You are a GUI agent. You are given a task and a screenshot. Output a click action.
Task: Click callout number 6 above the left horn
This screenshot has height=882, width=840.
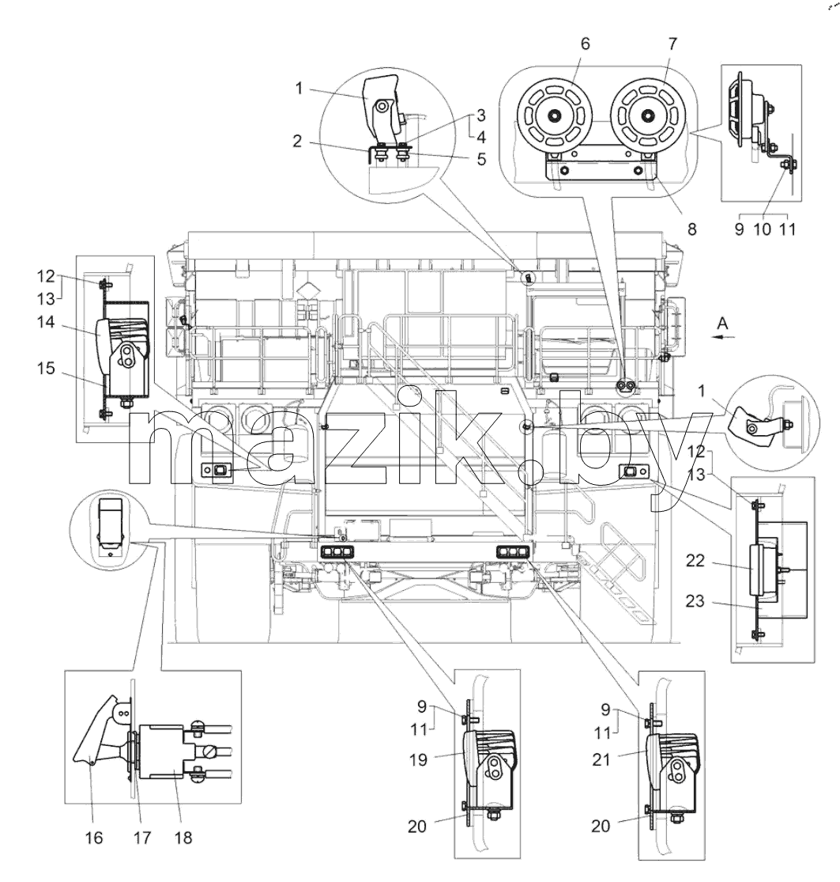coord(586,44)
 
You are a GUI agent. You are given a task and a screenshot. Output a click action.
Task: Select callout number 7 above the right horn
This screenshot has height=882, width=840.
coord(672,44)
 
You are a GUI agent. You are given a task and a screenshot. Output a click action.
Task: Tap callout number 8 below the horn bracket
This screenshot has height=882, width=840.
coord(691,229)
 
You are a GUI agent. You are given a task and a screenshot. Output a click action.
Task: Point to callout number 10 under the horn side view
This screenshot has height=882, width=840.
coord(763,229)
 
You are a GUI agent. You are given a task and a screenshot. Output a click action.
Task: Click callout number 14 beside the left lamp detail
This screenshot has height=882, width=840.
coord(46,322)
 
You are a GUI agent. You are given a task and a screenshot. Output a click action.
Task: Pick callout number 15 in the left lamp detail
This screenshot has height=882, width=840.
coord(46,369)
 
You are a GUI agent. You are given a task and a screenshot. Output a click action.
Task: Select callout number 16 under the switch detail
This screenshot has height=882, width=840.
coord(94,838)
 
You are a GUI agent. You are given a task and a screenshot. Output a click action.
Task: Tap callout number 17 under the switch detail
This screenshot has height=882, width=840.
coord(142,838)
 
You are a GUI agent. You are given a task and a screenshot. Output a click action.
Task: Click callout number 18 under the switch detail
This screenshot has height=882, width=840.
coord(183,838)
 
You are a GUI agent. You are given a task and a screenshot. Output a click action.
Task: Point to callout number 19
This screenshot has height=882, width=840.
coord(419,760)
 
